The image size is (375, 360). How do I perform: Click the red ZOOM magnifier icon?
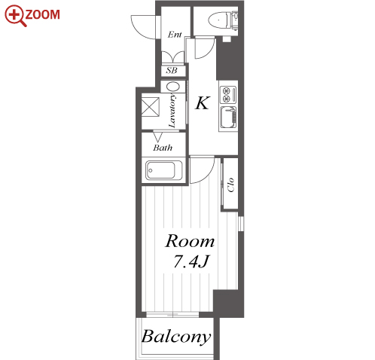click(15, 16)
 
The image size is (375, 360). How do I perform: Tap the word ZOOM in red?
click(42, 14)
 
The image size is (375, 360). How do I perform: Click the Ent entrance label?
click(175, 35)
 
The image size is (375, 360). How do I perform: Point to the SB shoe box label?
click(172, 71)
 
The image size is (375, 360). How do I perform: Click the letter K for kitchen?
click(202, 103)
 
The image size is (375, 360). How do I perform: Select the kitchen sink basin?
click(228, 117)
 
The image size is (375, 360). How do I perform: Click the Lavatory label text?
click(172, 111)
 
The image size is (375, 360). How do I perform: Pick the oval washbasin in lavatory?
click(173, 87)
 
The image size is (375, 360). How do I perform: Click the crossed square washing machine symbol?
click(150, 107)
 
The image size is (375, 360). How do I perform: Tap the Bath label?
click(163, 148)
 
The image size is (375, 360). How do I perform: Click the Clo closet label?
click(230, 185)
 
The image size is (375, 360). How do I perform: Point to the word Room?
click(190, 241)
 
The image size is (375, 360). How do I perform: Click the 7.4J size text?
click(191, 261)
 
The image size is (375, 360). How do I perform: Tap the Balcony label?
click(176, 337)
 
